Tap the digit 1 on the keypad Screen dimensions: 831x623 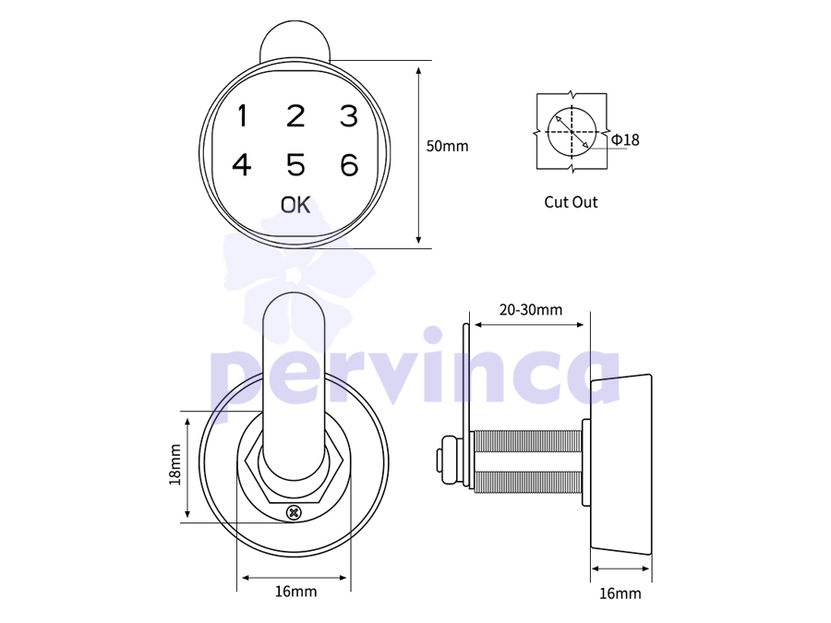[x=243, y=116]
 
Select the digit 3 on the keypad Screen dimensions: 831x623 [x=349, y=116]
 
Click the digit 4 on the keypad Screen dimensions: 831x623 [x=242, y=165]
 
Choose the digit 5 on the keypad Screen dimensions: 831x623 [x=295, y=165]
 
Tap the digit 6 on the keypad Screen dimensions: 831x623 [x=349, y=165]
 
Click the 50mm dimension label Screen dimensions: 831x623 [x=447, y=146]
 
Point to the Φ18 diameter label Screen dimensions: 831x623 [x=625, y=139]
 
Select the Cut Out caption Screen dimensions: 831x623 [x=571, y=202]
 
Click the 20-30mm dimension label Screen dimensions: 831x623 [x=531, y=309]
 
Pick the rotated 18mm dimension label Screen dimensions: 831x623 [x=175, y=464]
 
